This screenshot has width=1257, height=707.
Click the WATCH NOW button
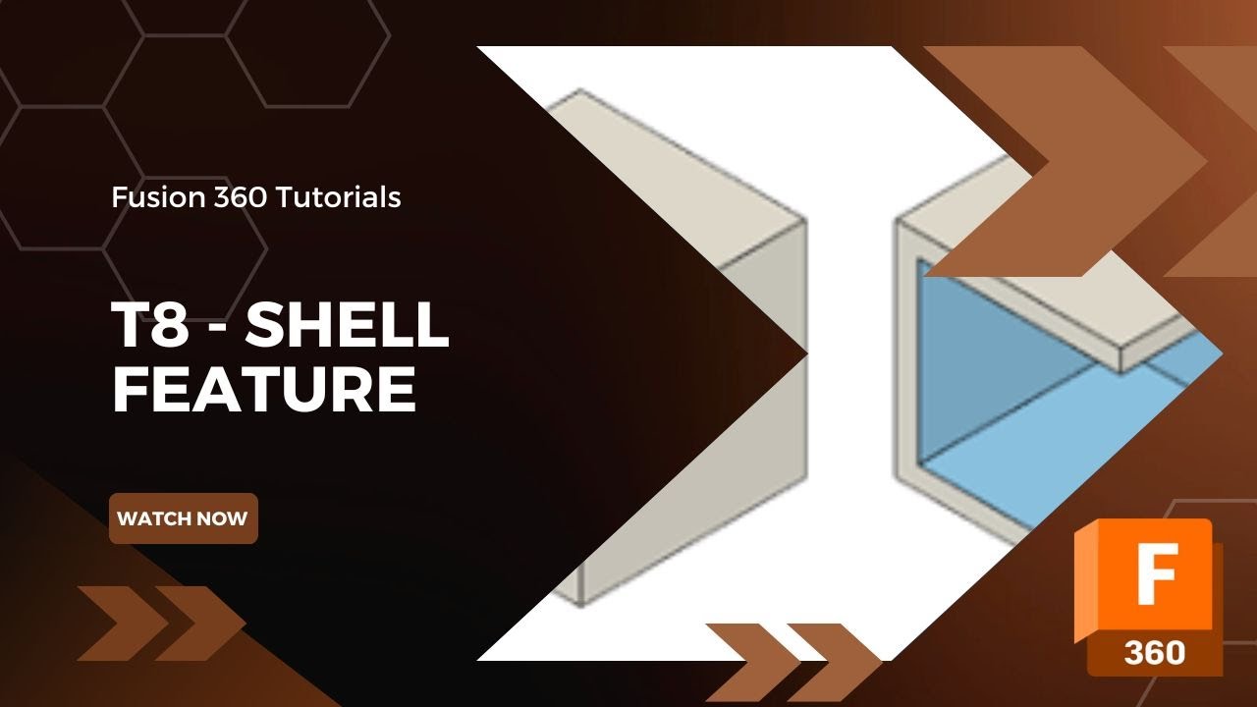pyautogui.click(x=183, y=518)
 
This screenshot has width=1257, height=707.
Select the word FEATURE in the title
pyautogui.click(x=264, y=389)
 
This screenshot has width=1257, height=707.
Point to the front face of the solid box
pyautogui.click(x=687, y=442)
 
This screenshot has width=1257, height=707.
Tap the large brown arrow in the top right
pyautogui.click(x=1070, y=162)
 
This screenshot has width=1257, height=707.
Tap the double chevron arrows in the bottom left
pyautogui.click(x=161, y=623)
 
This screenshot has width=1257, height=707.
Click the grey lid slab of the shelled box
pyautogui.click(x=1129, y=324)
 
